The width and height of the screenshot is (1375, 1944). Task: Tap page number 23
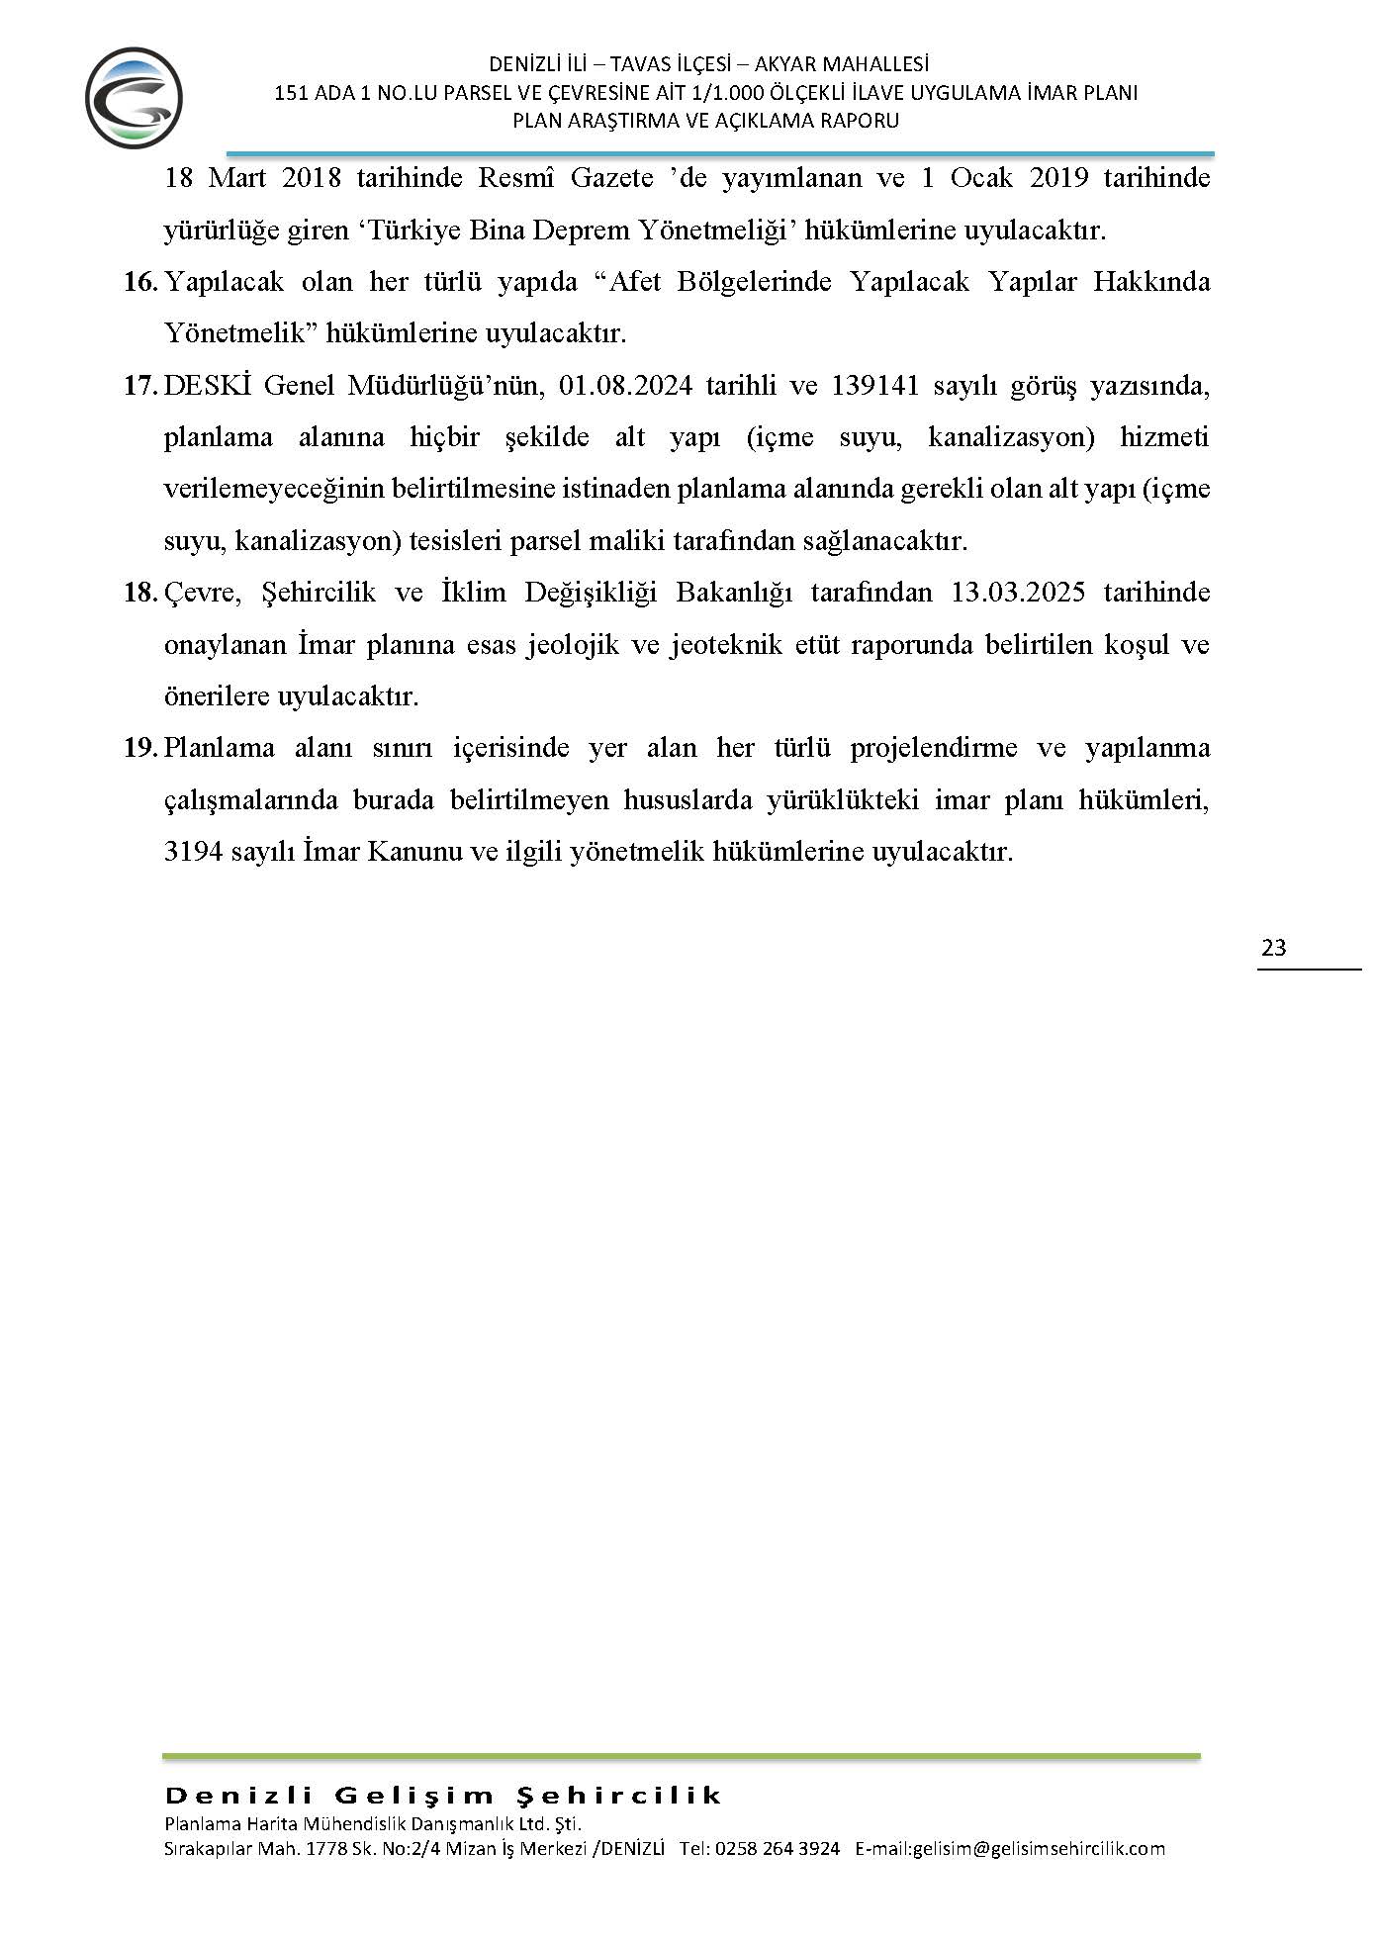click(1274, 948)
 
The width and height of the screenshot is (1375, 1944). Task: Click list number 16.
click(140, 282)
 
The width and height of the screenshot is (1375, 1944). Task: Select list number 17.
click(140, 385)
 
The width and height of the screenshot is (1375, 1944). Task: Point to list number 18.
click(140, 593)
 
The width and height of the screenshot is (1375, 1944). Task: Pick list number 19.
click(140, 748)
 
